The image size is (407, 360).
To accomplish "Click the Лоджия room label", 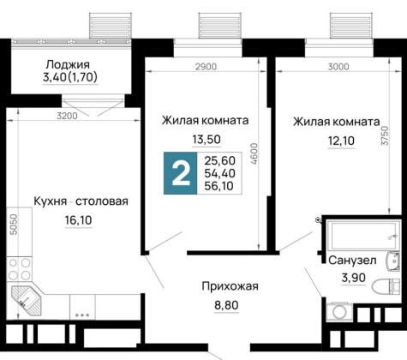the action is click(x=68, y=65).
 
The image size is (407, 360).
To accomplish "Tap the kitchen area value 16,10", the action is click(x=78, y=220).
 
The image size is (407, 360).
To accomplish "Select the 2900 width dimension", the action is click(x=206, y=67).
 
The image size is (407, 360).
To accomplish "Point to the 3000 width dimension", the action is click(x=338, y=67).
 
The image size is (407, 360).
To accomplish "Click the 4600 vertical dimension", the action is click(x=254, y=153).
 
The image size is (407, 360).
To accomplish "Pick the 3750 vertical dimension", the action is click(x=386, y=136).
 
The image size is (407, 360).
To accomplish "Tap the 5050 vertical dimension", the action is click(x=14, y=225).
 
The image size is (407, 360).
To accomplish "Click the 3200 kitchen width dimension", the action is click(x=67, y=116).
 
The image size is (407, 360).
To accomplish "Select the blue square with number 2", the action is click(x=181, y=173).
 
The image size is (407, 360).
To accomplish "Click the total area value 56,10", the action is click(x=219, y=186).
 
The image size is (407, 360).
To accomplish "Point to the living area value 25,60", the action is click(x=219, y=160).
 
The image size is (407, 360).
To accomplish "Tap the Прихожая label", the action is click(x=230, y=286).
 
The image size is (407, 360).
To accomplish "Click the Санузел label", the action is click(x=352, y=261).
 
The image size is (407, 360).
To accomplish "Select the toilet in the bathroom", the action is click(x=386, y=286).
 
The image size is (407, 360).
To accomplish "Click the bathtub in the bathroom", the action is click(x=363, y=236).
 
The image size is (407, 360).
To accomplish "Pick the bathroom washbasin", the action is click(x=393, y=261).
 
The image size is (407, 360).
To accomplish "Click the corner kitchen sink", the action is click(x=27, y=300).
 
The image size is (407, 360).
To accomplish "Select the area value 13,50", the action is click(x=206, y=140).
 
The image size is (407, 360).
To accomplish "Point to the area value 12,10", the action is click(x=341, y=141).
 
